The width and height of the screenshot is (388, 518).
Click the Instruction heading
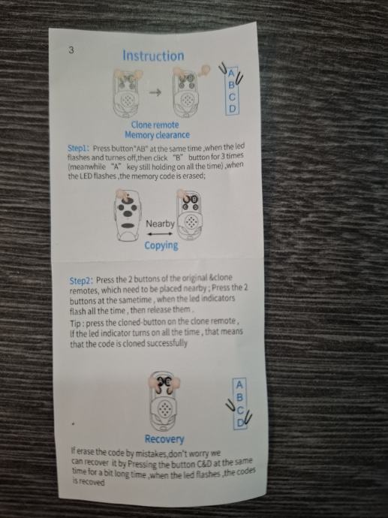coord(153,56)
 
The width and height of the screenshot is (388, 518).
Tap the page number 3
coord(71,50)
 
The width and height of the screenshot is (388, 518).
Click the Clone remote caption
coord(155,125)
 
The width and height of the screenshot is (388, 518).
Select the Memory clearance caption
coord(157,135)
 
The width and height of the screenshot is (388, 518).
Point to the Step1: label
coord(79,148)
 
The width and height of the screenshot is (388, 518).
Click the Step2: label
coord(82,281)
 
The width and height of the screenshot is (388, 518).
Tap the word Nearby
coord(160,224)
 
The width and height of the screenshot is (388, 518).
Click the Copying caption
coord(161,245)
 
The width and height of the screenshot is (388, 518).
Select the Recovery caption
coord(164,439)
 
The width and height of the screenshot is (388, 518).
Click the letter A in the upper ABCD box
coord(231,73)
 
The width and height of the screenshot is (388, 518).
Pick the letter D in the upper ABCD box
coord(233,109)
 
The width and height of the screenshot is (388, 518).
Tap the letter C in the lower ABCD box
coord(239,411)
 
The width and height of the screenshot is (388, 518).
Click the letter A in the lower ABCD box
coord(239,385)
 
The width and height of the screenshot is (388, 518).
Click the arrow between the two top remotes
coord(155,92)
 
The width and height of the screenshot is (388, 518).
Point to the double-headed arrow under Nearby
coord(160,234)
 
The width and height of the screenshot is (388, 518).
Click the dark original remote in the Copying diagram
coord(127,216)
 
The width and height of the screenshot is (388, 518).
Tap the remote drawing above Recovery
coord(164,401)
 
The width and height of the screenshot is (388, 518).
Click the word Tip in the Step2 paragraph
coord(74,323)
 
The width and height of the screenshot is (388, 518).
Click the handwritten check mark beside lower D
coord(248,419)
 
